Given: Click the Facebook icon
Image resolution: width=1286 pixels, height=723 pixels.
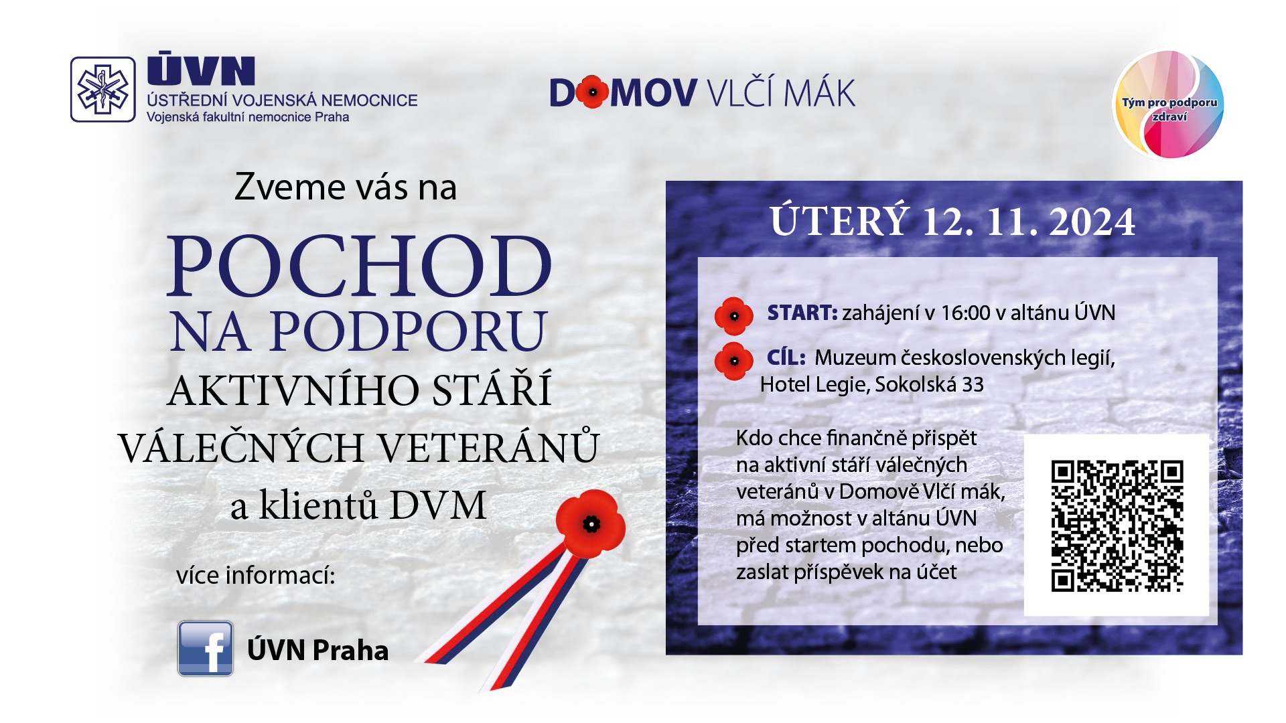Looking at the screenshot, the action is click(206, 648).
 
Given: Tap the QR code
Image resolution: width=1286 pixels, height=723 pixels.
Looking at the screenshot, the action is click(1117, 526).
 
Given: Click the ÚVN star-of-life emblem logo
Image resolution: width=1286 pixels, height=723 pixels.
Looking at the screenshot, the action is click(103, 89).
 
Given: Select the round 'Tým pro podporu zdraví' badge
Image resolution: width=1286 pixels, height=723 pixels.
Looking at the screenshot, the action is click(1168, 104).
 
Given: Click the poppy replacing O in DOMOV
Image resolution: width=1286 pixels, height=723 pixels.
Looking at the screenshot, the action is click(592, 92).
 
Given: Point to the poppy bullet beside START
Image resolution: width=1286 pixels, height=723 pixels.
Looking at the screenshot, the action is click(734, 316).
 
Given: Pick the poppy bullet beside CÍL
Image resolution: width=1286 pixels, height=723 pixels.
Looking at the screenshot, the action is click(734, 361).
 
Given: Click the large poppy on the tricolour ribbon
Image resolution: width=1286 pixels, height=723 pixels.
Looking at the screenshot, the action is click(590, 524).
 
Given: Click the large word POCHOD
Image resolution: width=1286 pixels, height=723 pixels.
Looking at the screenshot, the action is click(360, 266).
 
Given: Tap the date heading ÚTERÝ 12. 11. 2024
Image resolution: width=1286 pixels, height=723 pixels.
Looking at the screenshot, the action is click(952, 221).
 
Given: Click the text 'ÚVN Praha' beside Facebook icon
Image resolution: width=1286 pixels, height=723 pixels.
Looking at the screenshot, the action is click(317, 650).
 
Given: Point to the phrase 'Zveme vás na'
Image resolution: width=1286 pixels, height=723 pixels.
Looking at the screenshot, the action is click(346, 187).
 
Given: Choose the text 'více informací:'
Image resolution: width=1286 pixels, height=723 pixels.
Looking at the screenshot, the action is click(255, 575).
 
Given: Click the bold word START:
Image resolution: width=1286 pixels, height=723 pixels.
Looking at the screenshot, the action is click(802, 313).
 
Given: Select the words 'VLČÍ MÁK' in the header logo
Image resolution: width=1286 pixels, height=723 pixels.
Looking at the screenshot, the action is click(782, 92).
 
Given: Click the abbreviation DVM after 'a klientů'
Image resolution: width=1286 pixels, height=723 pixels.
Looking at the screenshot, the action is click(438, 505).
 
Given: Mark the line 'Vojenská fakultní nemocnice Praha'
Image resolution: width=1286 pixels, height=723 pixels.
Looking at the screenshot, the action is click(248, 117).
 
